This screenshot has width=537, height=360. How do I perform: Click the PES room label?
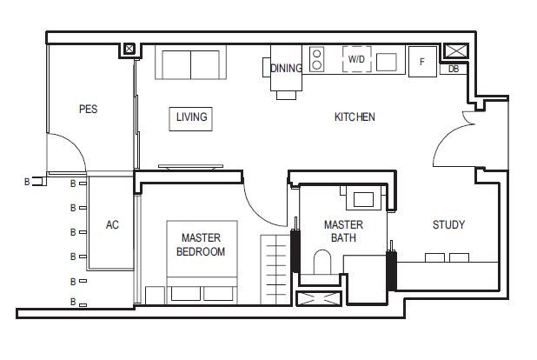(x=89, y=109)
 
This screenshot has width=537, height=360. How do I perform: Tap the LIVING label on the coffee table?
(x=192, y=117)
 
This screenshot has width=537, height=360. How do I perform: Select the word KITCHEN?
(x=355, y=117)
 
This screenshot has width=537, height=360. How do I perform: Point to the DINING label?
(x=286, y=68)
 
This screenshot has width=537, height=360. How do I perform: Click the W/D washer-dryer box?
(x=357, y=59)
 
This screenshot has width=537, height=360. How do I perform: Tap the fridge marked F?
(x=422, y=62)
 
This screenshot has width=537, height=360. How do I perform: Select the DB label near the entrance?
(x=454, y=69)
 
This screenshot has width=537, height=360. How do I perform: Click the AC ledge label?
(x=112, y=224)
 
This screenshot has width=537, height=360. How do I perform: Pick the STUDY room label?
(x=448, y=224)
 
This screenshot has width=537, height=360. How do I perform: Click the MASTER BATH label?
(x=343, y=231)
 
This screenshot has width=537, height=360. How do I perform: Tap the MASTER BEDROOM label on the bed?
(x=201, y=244)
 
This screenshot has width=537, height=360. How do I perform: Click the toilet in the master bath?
(x=322, y=262)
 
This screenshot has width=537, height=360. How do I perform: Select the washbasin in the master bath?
(x=363, y=199)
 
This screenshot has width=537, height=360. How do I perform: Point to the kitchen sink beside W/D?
(x=387, y=62)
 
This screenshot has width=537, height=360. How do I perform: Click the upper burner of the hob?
(x=317, y=54)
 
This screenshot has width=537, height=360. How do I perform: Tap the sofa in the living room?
(x=191, y=63)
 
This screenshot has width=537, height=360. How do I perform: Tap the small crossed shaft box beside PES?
(x=129, y=49)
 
